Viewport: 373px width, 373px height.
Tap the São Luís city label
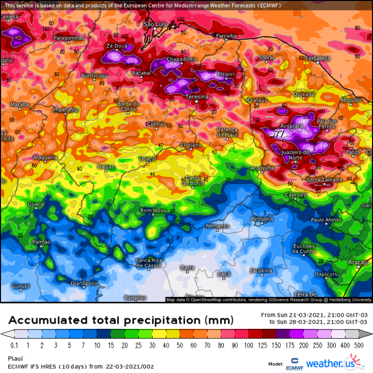click(154, 24)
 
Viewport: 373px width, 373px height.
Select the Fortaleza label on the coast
click(318, 58)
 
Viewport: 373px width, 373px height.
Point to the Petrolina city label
click(262, 218)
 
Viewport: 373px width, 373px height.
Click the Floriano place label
click(190, 145)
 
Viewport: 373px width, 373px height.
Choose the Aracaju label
click(358, 262)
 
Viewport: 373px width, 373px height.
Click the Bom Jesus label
click(153, 210)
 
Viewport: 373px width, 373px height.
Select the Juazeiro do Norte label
click(295, 155)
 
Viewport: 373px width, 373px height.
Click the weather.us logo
click(333, 362)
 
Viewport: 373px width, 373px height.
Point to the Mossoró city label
click(351, 100)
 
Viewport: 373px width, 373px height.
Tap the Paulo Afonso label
click(326, 219)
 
